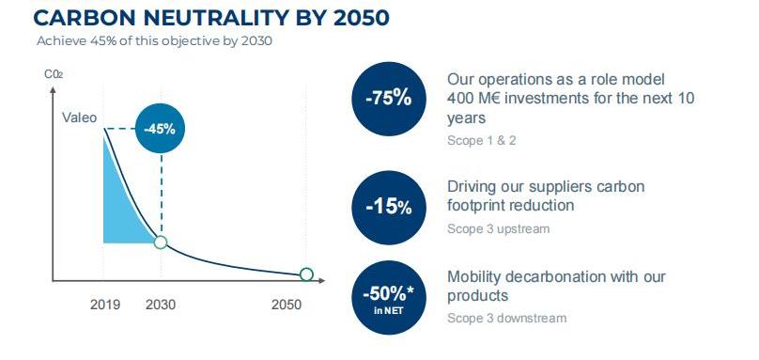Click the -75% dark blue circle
[389, 99]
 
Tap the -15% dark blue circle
[389, 208]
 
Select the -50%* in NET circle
[389, 298]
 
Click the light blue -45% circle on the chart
[160, 130]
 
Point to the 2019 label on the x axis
[105, 305]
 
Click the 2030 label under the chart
[161, 305]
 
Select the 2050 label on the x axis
[287, 305]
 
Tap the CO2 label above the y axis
[54, 74]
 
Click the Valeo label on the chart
[80, 117]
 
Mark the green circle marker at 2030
[161, 243]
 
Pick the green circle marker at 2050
[306, 274]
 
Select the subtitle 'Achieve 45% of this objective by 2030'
[154, 40]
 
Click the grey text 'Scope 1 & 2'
[481, 140]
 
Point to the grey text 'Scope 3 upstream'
[498, 228]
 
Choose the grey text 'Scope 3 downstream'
[506, 318]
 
